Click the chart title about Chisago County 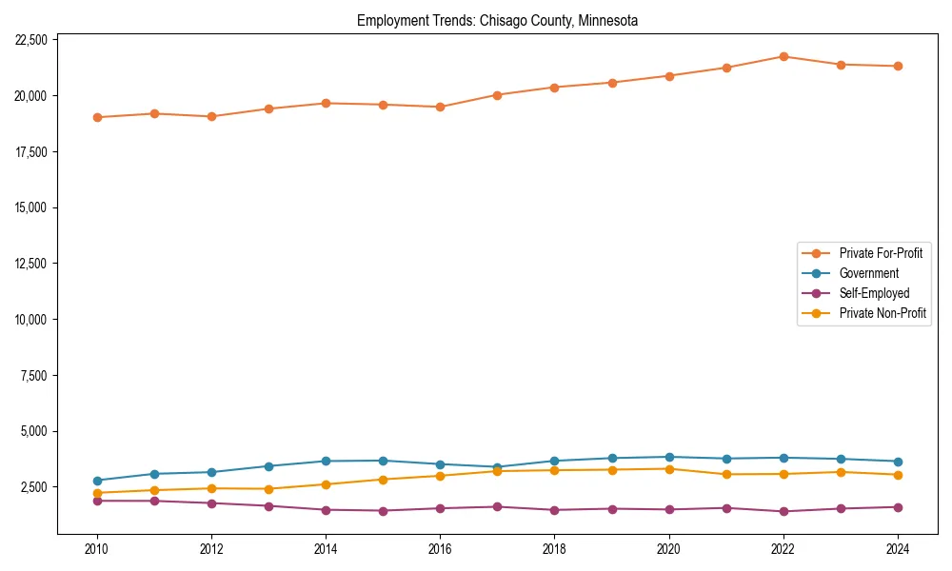coord(497,20)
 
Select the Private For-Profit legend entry coord(880,253)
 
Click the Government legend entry coord(868,273)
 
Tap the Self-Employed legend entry coord(874,293)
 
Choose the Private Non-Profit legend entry coord(883,313)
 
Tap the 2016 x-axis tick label coord(440,549)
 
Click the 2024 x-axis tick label coord(898,549)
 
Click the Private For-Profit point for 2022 coord(783,56)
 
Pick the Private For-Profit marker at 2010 coord(97,117)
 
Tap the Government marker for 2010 coord(97,481)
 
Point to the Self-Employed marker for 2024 coord(898,507)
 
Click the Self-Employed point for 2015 coord(383,511)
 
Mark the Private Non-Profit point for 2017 coord(497,471)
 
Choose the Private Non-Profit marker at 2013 coord(268,489)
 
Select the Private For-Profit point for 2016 coord(440,107)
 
